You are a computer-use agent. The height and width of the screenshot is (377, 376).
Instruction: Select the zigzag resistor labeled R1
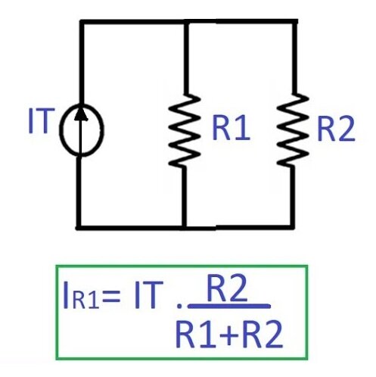coord(185,131)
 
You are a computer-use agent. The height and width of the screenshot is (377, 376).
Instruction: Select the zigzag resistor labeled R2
coord(293,130)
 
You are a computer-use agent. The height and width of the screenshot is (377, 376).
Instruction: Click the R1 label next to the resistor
coord(232,128)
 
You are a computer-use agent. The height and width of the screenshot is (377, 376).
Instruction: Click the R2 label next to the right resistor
coord(337,129)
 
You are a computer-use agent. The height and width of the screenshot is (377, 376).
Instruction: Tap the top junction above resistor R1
coord(186,22)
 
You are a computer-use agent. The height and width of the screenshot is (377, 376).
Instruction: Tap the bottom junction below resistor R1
coord(185,227)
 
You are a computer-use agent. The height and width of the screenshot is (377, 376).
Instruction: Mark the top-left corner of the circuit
coord(82,22)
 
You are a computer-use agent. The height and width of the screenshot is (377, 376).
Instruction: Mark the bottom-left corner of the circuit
coord(79,227)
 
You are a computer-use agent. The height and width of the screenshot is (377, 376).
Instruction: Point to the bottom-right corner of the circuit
coord(292,227)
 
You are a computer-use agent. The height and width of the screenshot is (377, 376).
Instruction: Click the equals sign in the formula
coord(110,298)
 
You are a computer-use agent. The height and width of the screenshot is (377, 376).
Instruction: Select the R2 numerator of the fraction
coord(226,290)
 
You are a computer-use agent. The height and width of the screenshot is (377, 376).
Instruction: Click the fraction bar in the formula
coord(229,306)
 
